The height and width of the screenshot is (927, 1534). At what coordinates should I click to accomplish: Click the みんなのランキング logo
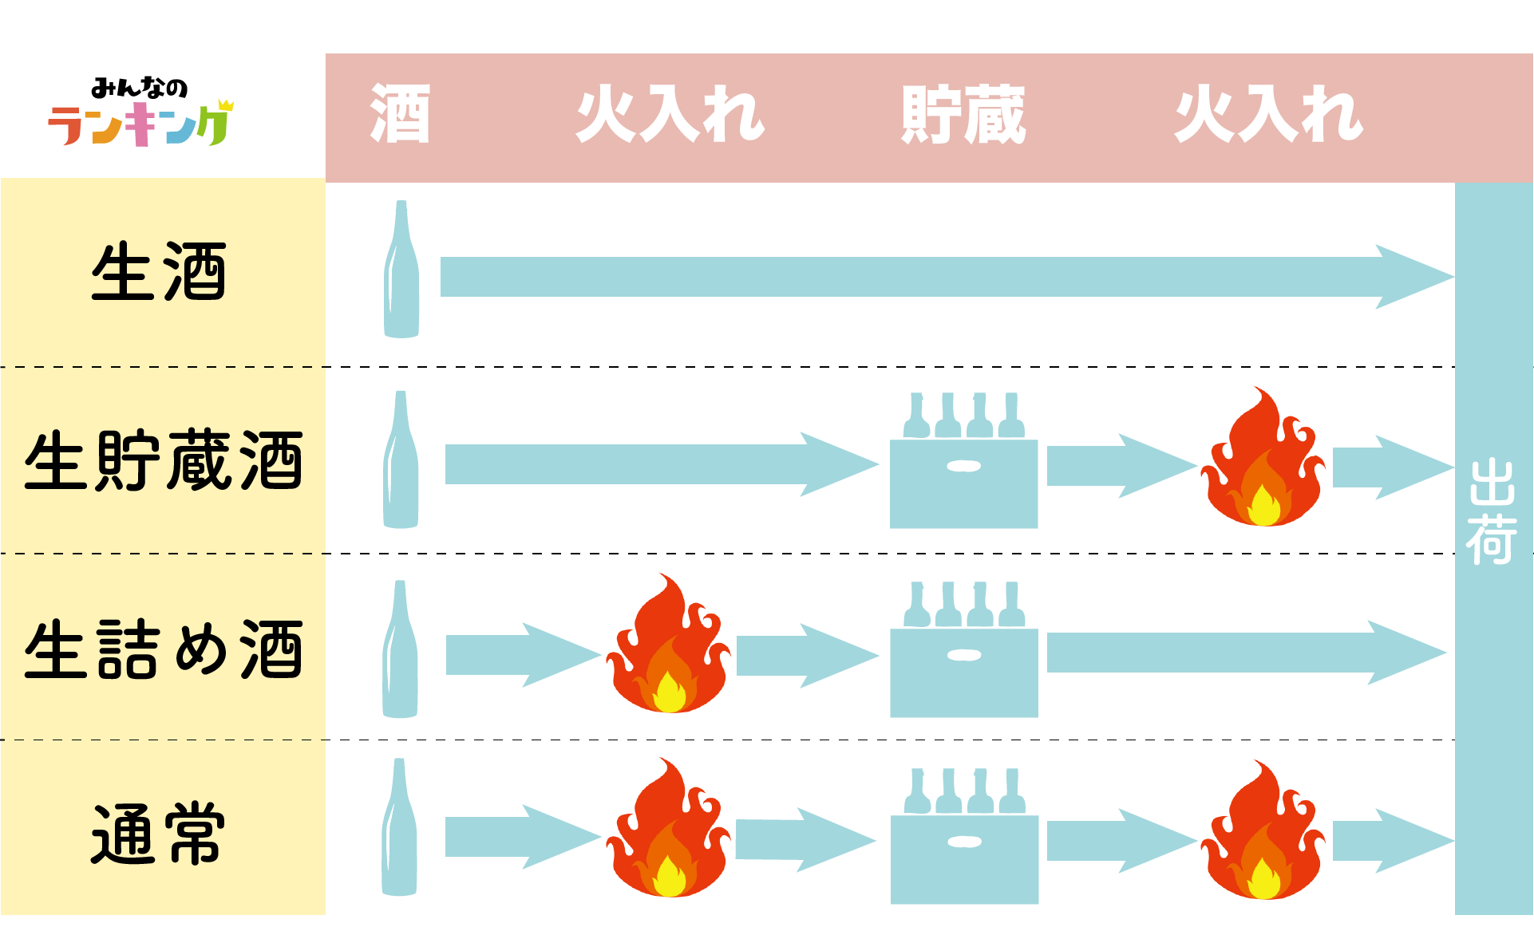coord(140,112)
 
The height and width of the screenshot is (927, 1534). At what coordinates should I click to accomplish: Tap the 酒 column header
coord(400,114)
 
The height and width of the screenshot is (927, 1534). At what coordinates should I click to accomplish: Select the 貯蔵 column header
coord(963,115)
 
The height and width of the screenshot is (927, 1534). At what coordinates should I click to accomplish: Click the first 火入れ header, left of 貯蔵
coord(670,115)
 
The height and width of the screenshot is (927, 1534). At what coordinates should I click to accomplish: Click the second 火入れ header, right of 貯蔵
coord(1268,115)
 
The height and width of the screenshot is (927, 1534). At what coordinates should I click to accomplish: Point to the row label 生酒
coord(160,273)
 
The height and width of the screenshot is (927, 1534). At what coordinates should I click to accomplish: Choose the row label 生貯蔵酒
coord(164,460)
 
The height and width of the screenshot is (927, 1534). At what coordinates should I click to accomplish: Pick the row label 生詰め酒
coord(164,649)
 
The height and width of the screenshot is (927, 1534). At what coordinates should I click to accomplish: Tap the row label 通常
coord(160,835)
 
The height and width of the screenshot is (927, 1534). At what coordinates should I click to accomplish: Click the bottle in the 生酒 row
coord(401,270)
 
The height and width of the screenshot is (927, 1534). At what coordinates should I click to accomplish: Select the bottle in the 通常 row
coord(399,827)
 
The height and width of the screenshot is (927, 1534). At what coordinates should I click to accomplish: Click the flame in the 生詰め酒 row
coord(668,647)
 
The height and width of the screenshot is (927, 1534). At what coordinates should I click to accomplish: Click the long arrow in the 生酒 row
coord(942,277)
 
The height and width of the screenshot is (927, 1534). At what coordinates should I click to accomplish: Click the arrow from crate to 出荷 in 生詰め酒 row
coord(1245,653)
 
